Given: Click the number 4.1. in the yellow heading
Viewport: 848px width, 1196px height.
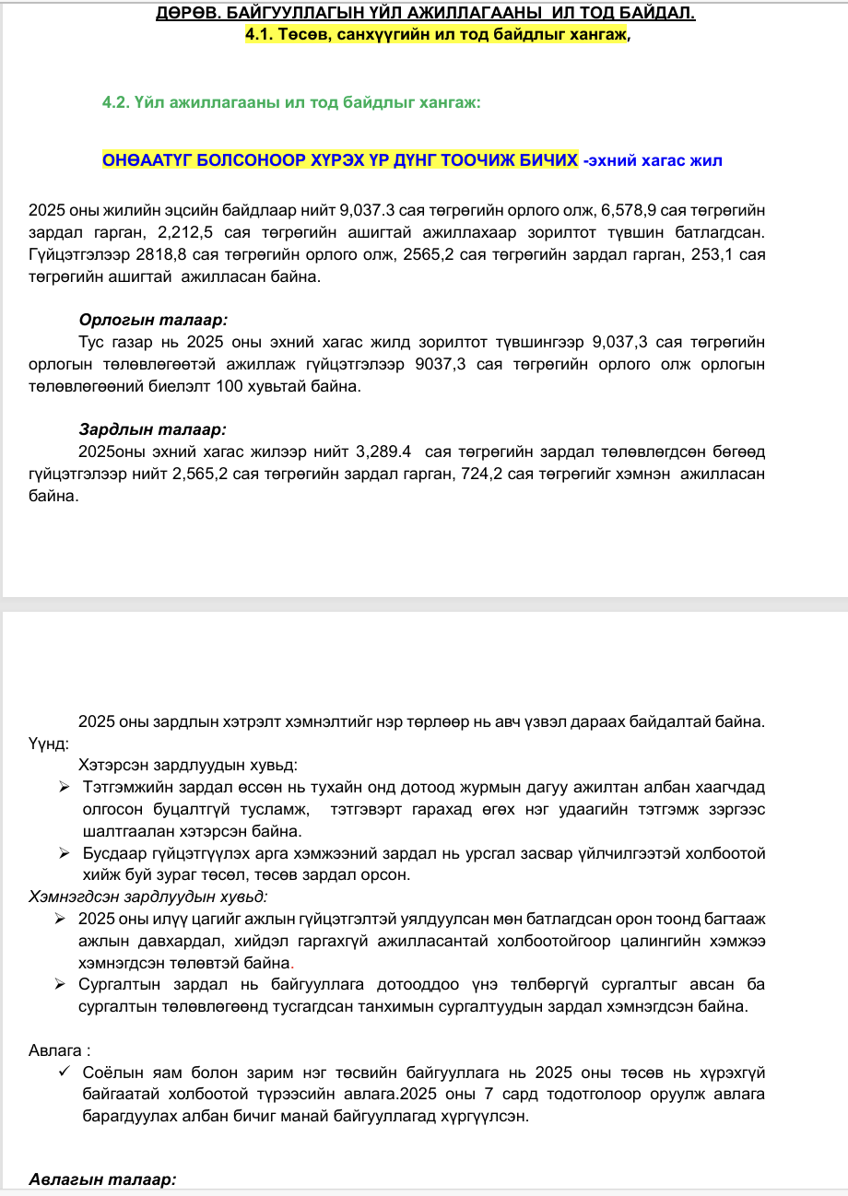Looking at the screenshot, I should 261,36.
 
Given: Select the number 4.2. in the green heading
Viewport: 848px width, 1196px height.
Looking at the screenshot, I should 117,102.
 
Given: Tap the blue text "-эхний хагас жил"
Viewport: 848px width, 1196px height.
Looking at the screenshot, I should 653,160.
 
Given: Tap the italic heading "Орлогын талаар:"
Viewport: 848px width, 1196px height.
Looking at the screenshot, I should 153,321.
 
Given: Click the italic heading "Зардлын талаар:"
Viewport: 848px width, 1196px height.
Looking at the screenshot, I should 152,429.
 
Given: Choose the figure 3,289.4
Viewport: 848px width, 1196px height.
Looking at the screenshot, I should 383,452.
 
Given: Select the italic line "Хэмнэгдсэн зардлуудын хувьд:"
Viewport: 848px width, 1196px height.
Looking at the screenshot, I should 149,897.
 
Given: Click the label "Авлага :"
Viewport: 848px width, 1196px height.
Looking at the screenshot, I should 60,1050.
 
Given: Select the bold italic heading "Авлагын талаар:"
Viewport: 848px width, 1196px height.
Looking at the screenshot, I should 102,1179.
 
